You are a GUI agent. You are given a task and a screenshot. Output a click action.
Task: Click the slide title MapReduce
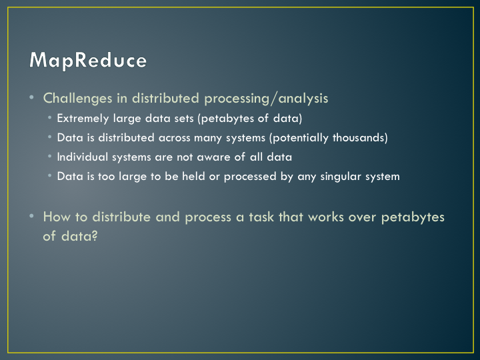(88, 60)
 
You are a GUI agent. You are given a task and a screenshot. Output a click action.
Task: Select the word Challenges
(78, 99)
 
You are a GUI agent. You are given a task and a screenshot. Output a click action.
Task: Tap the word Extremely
(83, 119)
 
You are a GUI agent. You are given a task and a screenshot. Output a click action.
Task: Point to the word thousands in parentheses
(358, 137)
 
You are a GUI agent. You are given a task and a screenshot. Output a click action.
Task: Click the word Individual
(83, 157)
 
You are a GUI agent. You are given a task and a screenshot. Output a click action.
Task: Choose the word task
(261, 217)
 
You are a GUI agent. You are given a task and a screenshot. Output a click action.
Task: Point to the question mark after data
(95, 236)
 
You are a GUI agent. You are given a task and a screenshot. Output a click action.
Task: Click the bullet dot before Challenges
(31, 97)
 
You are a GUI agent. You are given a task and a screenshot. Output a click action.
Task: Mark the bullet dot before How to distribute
(31, 216)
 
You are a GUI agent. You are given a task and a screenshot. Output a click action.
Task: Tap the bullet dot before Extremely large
(49, 117)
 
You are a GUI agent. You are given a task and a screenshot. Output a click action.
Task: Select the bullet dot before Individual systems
(49, 156)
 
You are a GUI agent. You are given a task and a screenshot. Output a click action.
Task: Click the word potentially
(301, 138)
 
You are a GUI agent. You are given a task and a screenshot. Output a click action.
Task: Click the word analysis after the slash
(303, 99)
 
